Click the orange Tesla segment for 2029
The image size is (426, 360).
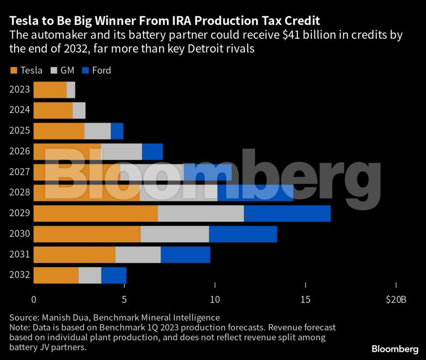pos(95,213)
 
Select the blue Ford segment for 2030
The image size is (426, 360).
pos(243,234)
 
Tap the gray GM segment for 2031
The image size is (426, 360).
pos(138,254)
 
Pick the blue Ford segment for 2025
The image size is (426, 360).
pos(117,131)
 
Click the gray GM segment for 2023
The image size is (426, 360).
pos(71,90)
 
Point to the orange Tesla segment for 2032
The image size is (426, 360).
pos(55,275)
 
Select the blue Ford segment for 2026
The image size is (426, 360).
pos(152,152)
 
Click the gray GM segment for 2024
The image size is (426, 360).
pos(79,110)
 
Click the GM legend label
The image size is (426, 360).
pos(68,71)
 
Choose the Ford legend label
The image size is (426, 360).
pos(102,71)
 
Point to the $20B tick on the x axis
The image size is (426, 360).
pos(396,300)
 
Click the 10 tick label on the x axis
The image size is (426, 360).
pos(215,300)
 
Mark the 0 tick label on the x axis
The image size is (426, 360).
pos(34,300)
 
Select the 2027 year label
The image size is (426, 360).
pos(19,172)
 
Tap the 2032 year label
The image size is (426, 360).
pos(19,275)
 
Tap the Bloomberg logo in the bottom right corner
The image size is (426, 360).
pos(395,349)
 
